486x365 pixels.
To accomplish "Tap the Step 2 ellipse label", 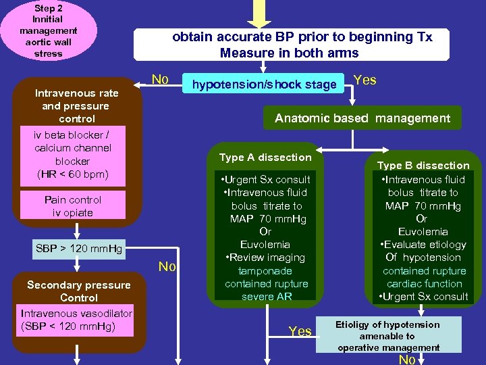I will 49,30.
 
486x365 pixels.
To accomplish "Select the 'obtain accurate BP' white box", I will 292,45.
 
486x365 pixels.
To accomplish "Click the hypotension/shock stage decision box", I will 264,84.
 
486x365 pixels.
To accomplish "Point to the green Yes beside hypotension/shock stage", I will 365,80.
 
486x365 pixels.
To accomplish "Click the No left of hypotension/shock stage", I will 160,80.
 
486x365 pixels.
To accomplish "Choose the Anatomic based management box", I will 362,118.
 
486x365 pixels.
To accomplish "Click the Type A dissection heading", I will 265,157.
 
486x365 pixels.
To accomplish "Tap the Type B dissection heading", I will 423,165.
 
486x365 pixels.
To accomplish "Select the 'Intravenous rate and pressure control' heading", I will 76,105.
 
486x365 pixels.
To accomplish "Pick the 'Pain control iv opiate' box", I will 73,206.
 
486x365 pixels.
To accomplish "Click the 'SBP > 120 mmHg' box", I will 79,249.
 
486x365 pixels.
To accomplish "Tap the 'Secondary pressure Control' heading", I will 78,291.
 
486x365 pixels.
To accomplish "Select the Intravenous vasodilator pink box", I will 76,320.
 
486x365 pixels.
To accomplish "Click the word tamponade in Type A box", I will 266,270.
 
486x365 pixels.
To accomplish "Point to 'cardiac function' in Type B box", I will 424,284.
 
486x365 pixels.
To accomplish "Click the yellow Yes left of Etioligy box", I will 300,331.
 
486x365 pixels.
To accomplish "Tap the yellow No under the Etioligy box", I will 406,360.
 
